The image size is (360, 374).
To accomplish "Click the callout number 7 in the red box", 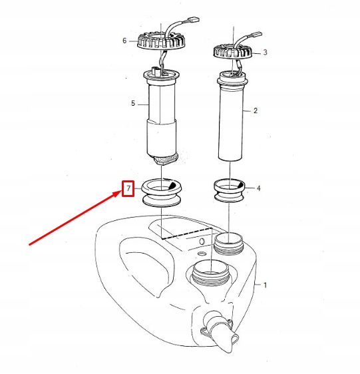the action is pos(128,188).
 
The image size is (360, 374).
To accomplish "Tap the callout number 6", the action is pos(124,41).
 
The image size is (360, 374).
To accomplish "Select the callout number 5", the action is pos(133,104).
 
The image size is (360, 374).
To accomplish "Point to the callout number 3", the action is pos(265,53).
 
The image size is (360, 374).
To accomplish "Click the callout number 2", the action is pos(256,110).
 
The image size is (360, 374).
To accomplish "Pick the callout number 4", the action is pos(258,188).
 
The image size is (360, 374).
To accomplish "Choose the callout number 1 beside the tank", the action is pos(265,285).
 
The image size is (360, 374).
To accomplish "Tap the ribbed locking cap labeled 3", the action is pos(233,52).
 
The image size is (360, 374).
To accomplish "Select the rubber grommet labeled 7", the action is pos(162,193).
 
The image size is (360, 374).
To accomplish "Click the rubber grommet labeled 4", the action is pos(230,190).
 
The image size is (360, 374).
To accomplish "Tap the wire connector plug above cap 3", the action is pos(256,35).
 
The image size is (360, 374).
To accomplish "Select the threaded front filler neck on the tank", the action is pos(210,273).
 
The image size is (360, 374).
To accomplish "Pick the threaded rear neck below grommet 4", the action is pos(229,244).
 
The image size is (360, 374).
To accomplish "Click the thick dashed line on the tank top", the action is pos(187,233).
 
